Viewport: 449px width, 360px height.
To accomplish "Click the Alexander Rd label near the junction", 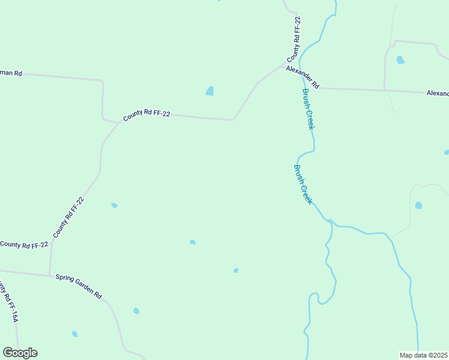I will tap(302, 77).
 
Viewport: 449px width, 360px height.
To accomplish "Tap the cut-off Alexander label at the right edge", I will tap(438, 94).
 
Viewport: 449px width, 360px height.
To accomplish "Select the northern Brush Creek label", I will tap(309, 109).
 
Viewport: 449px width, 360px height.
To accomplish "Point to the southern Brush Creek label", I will tap(303, 184).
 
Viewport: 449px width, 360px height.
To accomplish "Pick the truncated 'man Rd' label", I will tap(11, 73).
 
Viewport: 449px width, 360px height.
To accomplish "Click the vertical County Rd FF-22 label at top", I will tap(295, 40).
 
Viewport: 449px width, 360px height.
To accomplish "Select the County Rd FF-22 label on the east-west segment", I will tap(146, 114).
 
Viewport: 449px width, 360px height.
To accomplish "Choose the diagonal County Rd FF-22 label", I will tap(68, 217).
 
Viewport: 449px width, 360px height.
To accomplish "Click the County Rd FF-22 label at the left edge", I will tap(24, 245).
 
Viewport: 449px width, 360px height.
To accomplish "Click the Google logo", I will tap(20, 353).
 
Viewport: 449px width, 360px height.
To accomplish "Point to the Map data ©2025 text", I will tap(423, 355).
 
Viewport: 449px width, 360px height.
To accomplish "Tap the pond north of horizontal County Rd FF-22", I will tap(209, 91).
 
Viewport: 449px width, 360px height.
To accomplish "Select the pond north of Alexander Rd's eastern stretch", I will tap(400, 60).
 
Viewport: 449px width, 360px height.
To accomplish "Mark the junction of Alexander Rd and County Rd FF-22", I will tap(286, 62).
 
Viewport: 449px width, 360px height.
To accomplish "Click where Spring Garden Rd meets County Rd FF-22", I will tap(50, 276).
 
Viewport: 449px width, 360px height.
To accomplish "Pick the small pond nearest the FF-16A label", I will tap(74, 334).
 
